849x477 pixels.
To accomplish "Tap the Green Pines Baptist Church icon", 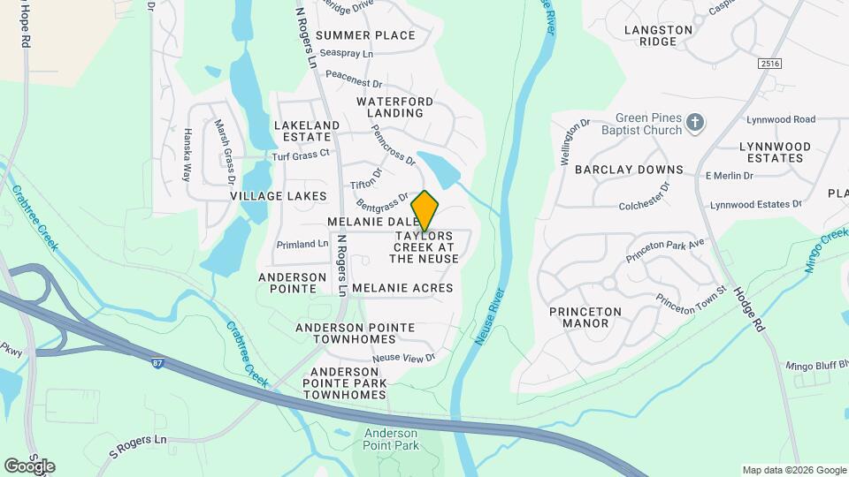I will [696, 122].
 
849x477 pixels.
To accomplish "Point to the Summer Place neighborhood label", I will [365, 35].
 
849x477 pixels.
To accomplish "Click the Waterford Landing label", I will [395, 107].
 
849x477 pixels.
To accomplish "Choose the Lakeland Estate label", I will [307, 132].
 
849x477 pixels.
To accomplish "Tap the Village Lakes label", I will [279, 196].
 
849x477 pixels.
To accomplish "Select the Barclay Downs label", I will [630, 170].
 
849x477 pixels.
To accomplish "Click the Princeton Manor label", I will [585, 317].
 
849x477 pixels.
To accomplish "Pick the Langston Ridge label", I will [659, 35].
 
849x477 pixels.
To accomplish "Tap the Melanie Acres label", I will [402, 288].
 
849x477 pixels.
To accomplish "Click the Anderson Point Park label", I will [391, 439].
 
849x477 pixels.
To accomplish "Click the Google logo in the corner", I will [29, 466].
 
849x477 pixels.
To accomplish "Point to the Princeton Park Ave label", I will [665, 250].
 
